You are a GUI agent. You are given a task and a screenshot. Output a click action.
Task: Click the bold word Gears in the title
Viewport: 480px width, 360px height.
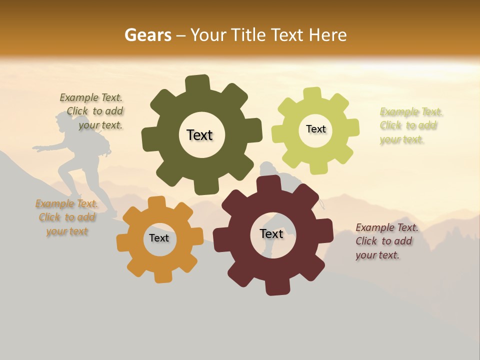147,35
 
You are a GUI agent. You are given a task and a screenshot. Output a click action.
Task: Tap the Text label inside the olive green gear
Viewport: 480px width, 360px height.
199,135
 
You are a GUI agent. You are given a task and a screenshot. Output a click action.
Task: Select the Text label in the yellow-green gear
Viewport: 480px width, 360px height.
315,129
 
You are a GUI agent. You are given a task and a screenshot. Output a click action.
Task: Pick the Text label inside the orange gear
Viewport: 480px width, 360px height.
159,238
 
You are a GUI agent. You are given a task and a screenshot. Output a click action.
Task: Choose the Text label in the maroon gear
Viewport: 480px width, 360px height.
271,233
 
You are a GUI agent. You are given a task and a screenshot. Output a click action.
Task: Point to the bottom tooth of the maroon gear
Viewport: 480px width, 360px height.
276,287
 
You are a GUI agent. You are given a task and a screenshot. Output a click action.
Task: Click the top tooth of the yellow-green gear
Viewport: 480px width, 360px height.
312,93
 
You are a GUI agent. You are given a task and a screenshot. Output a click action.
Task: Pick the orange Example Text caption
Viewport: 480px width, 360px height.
67,217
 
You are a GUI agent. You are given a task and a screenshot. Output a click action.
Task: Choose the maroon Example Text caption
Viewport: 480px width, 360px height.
386,241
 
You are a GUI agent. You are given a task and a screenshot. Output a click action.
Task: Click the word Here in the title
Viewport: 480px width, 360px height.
328,35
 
